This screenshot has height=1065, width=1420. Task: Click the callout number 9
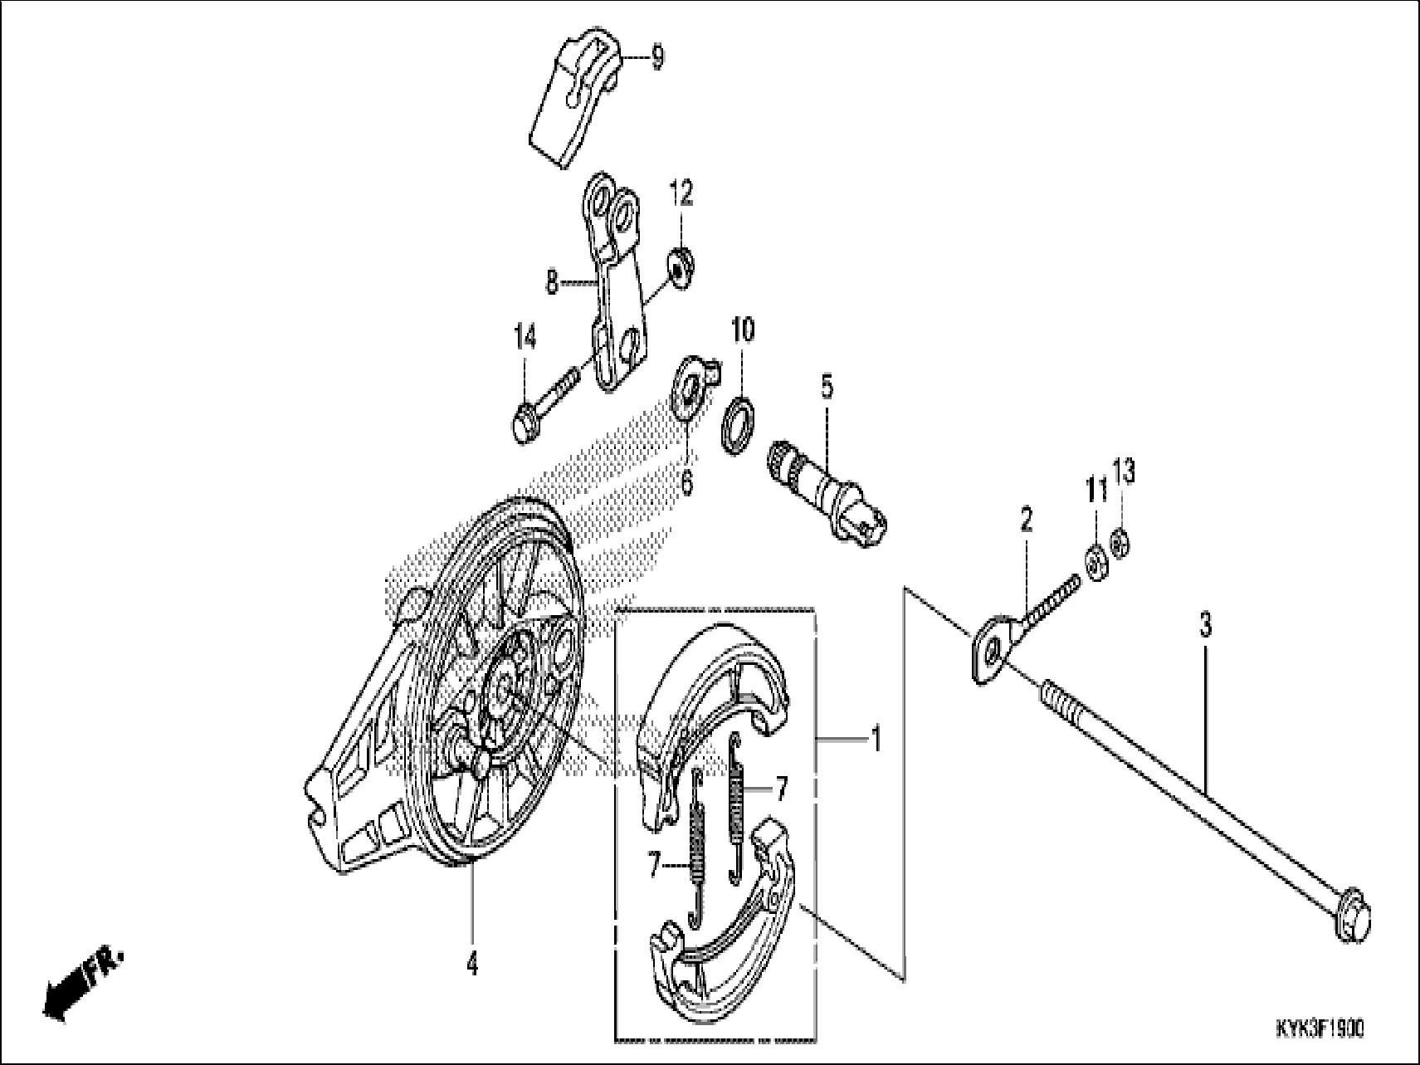(x=656, y=60)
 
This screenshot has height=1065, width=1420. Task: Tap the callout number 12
(x=681, y=195)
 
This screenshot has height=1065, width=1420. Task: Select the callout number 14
(x=525, y=338)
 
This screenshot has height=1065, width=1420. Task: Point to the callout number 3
(x=1205, y=624)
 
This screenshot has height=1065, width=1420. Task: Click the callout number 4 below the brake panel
(x=471, y=965)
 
